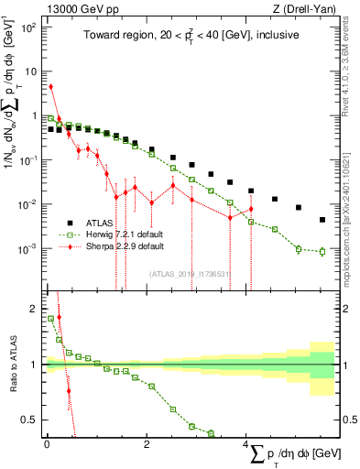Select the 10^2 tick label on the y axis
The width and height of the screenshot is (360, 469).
click(x=27, y=27)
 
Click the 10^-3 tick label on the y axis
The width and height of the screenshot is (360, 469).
click(x=27, y=248)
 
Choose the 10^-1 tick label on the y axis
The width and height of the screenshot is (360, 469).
click(x=27, y=160)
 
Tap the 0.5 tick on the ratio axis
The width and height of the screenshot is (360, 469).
click(x=29, y=420)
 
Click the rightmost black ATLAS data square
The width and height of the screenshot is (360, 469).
click(x=322, y=220)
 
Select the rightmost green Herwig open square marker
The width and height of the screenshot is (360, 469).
click(x=322, y=251)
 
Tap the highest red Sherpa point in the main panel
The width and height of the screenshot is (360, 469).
click(x=50, y=87)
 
